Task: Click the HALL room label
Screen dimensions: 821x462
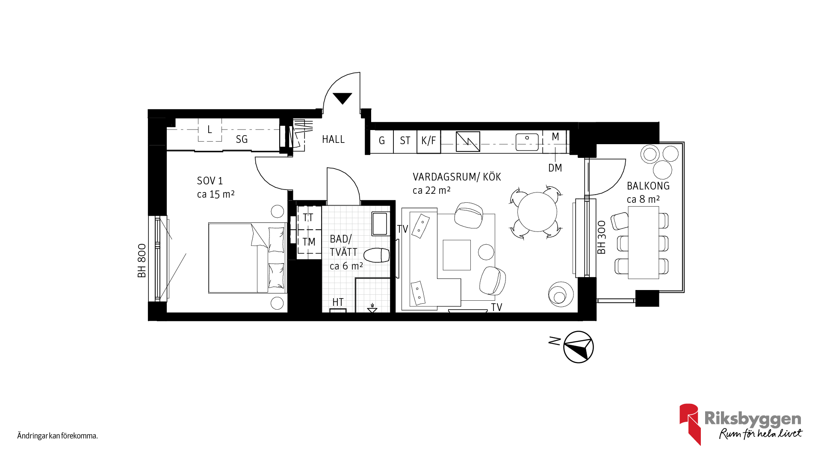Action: [x=333, y=139]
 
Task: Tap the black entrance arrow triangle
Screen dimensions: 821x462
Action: [x=342, y=98]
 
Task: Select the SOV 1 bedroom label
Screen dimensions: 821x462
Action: [x=210, y=181]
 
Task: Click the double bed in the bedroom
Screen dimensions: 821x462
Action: [x=247, y=258]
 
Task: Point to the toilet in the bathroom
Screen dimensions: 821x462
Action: [x=377, y=255]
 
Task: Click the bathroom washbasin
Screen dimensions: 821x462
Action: [x=379, y=224]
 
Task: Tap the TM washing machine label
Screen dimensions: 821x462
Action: [x=309, y=242]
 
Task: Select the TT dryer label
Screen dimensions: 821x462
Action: [x=308, y=218]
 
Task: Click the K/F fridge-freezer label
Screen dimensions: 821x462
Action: [x=428, y=141]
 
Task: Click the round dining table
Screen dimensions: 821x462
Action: [x=537, y=212]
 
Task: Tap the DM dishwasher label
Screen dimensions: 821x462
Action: [x=555, y=168]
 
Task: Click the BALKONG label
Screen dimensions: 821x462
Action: [x=648, y=186]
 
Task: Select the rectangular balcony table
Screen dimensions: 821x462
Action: [x=644, y=243]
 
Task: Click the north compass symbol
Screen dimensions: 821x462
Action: [x=579, y=347]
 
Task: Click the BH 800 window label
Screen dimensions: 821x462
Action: [x=142, y=261]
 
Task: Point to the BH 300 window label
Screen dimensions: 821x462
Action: [x=602, y=237]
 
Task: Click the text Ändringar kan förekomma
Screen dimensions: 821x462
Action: [x=58, y=436]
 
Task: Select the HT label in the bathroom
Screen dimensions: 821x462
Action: [x=338, y=302]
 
